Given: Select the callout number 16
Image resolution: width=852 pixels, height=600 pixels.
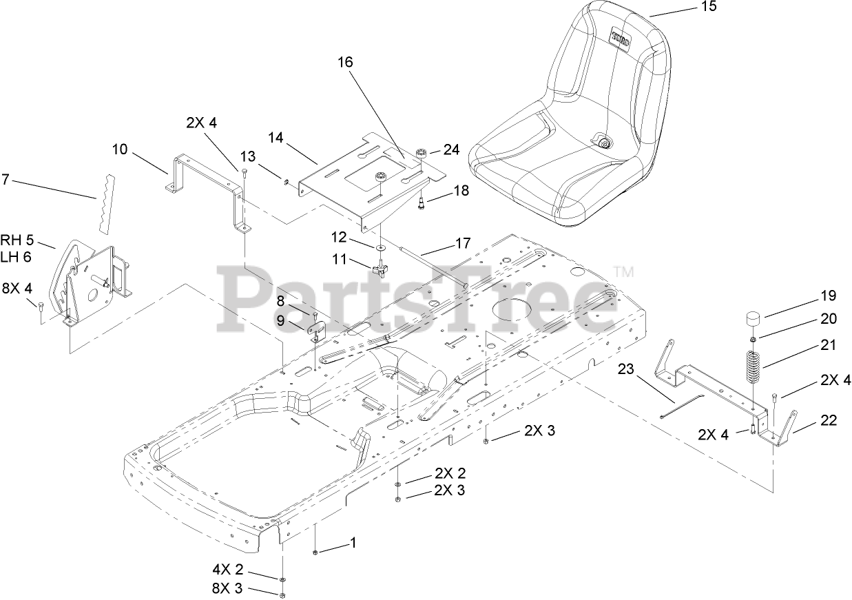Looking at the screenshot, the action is (x=345, y=61).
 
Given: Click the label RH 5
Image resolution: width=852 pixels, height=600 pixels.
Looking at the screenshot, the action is (x=17, y=240).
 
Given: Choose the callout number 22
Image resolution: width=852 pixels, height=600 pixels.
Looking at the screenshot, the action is (x=829, y=421).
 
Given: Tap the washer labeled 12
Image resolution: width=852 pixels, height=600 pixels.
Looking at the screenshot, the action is (x=380, y=247).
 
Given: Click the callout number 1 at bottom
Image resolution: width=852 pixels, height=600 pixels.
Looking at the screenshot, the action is (x=353, y=543).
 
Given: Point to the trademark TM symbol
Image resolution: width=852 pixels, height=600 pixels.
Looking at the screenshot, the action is (x=623, y=271).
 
